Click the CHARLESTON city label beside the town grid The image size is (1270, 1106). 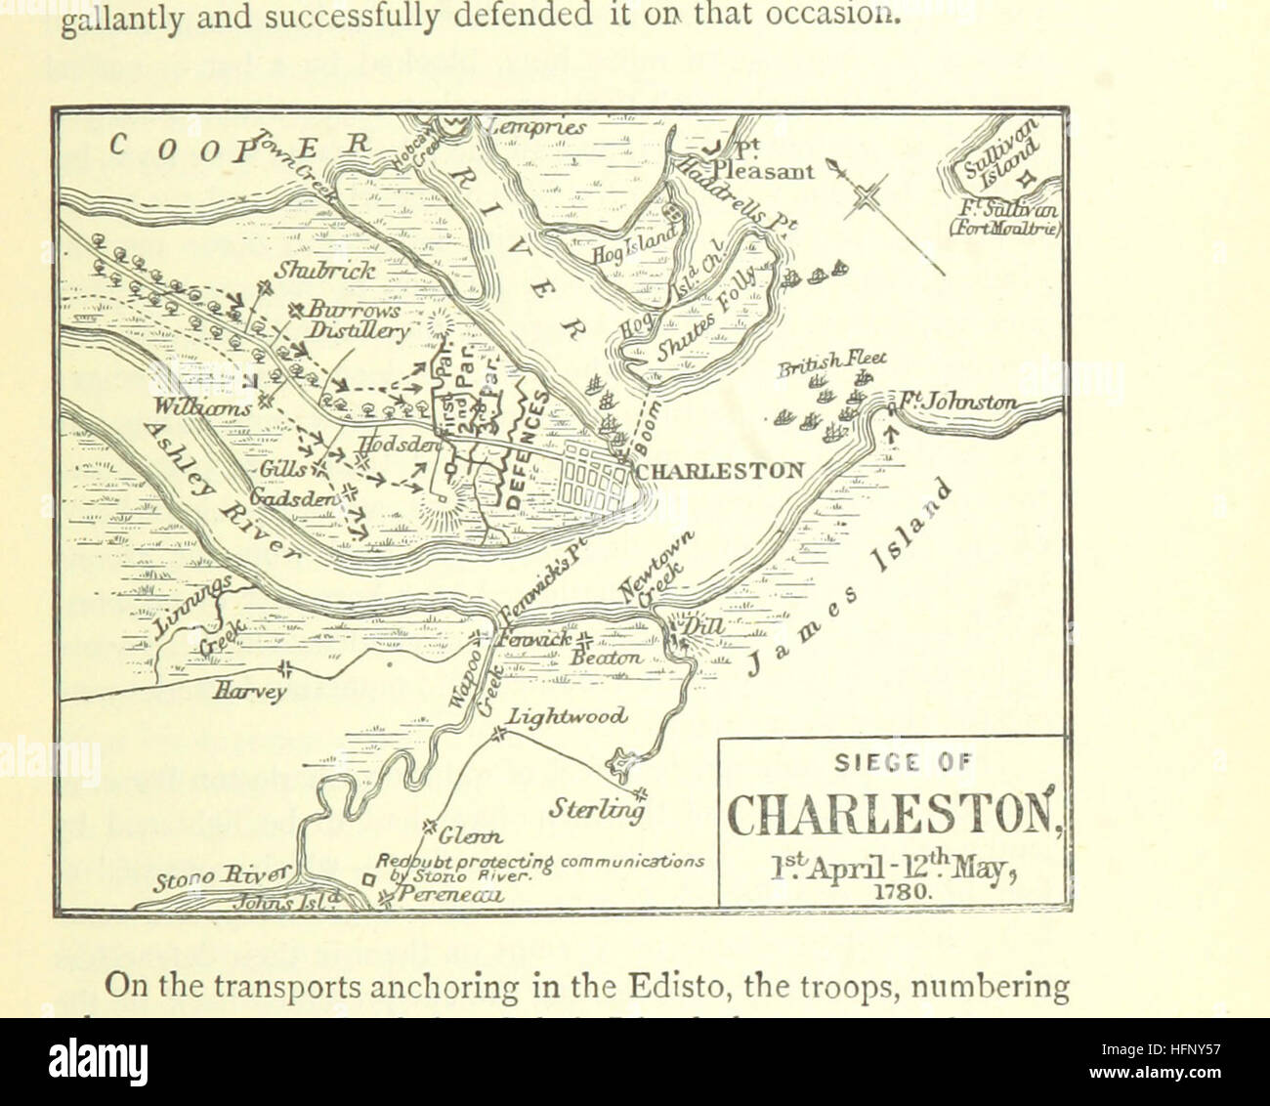coord(721,470)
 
